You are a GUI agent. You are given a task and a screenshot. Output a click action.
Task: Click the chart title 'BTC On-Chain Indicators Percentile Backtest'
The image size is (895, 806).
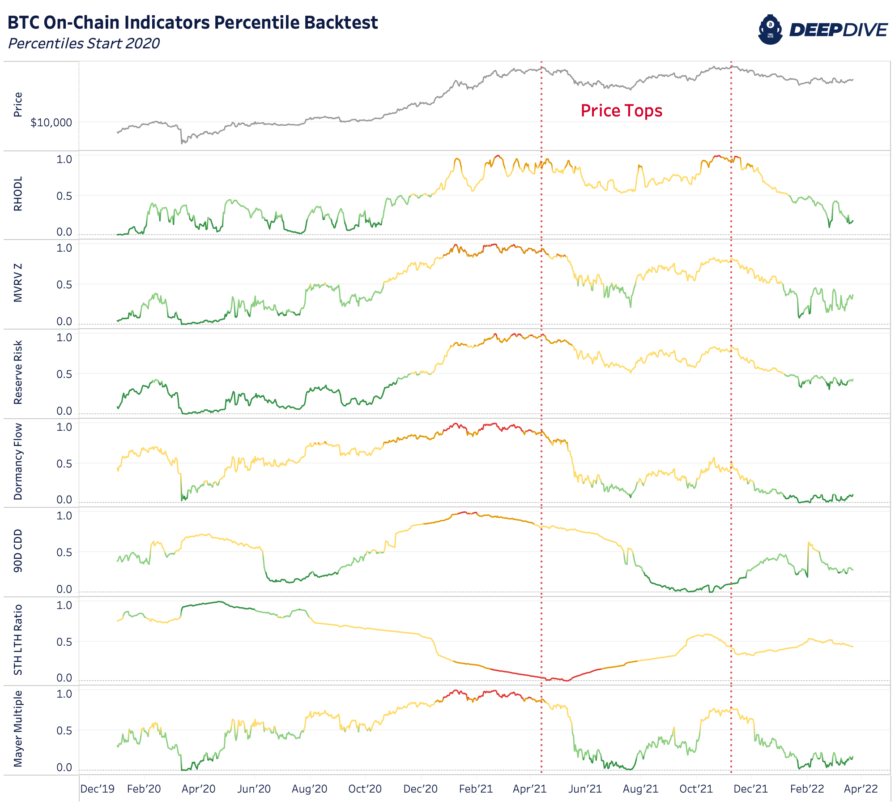click(192, 22)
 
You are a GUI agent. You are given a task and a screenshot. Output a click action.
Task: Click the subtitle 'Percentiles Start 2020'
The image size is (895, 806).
click(84, 43)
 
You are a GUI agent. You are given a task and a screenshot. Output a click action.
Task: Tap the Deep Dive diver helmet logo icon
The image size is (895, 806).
click(770, 30)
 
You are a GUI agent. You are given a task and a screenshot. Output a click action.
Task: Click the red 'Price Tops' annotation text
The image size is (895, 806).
click(621, 111)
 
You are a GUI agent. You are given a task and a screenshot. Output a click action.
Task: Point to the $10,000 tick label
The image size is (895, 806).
click(51, 123)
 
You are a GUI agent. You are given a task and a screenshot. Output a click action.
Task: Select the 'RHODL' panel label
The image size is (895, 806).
click(18, 193)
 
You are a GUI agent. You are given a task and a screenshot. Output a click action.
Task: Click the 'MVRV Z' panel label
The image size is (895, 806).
click(18, 283)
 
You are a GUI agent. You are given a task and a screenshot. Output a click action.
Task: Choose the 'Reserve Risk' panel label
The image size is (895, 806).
click(18, 372)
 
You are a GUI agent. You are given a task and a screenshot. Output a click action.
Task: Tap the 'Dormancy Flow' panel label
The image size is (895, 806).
click(18, 461)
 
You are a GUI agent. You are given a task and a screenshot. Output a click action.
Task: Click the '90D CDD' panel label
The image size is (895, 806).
click(18, 550)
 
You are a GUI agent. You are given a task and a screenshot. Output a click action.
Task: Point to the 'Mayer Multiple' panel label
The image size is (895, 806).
click(18, 729)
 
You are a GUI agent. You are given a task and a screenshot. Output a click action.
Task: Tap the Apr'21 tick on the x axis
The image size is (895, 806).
click(530, 789)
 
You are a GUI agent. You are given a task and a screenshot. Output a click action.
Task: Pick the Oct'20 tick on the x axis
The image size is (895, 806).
click(365, 789)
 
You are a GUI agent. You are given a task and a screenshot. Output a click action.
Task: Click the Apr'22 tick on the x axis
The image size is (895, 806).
click(861, 789)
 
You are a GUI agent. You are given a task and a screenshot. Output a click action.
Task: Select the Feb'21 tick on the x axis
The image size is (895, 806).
click(476, 789)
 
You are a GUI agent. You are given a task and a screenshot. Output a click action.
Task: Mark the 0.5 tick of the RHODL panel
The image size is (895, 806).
click(64, 196)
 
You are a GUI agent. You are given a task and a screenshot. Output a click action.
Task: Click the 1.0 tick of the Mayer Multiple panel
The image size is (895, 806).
click(64, 694)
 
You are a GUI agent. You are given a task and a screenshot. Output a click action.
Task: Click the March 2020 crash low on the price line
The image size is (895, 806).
click(182, 143)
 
